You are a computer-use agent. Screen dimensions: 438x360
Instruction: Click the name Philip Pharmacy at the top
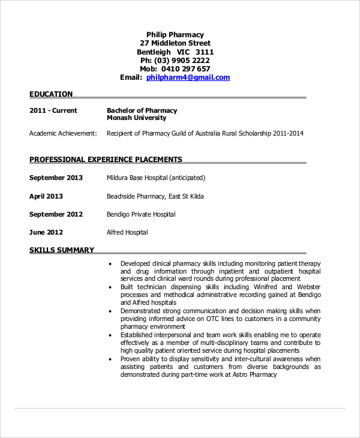[x=175, y=35]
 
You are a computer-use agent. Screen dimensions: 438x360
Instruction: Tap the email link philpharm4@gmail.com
[x=188, y=77]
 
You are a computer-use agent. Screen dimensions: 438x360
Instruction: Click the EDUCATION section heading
[x=51, y=94]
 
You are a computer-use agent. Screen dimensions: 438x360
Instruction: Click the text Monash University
[x=137, y=118]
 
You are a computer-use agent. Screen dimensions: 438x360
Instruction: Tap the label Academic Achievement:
[x=63, y=133]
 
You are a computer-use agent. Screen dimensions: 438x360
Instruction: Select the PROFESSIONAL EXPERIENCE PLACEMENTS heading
[x=106, y=160]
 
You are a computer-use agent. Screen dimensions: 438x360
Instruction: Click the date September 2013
[x=56, y=178]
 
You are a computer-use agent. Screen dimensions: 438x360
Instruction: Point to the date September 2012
[x=56, y=214]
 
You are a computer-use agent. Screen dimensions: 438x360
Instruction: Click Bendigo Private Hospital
[x=141, y=214]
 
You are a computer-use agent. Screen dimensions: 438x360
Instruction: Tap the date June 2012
[x=46, y=232]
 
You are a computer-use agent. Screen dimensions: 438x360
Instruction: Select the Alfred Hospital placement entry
[x=127, y=232]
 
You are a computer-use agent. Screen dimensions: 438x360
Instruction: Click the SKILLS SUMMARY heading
[x=61, y=250]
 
